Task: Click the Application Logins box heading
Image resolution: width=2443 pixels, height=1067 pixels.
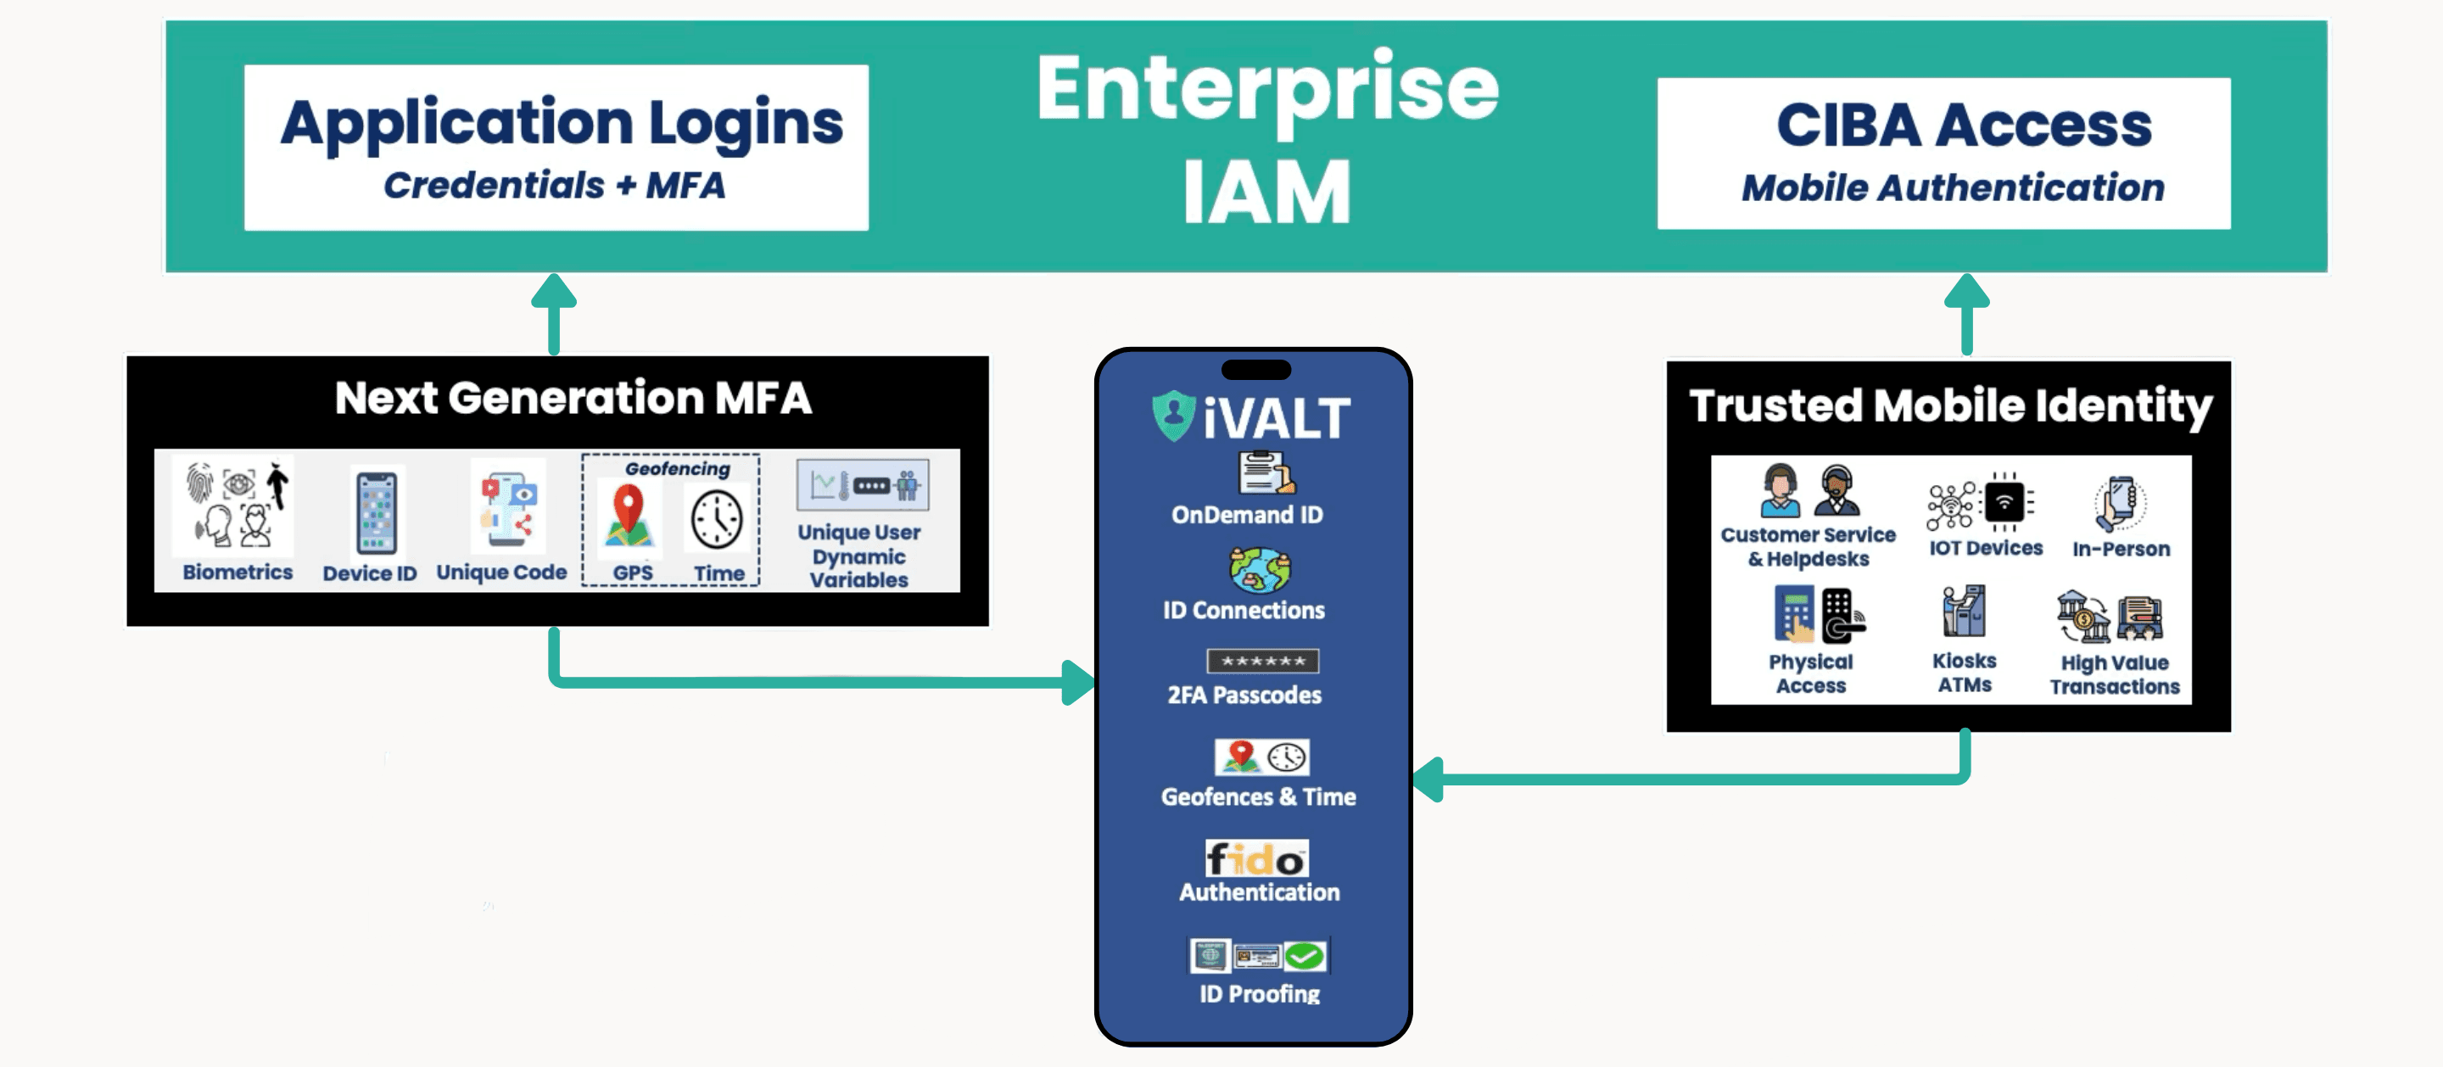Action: pos(562,123)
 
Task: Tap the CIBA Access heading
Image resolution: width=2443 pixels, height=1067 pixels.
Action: pos(1963,126)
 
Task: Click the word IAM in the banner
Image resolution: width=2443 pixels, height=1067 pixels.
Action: pos(1266,193)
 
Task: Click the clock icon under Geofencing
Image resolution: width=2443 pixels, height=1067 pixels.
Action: pos(717,520)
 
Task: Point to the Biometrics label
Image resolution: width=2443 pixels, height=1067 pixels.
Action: pos(238,572)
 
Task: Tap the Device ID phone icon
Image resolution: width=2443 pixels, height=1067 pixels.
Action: pos(377,513)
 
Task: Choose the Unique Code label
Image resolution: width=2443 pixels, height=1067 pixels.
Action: pos(500,572)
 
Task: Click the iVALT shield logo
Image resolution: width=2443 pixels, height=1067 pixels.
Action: pos(1173,416)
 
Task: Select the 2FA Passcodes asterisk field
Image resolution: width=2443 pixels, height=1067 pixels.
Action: pos(1262,661)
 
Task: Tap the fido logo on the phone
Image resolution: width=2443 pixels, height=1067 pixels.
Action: pos(1256,859)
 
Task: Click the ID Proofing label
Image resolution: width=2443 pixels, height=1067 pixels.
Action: pos(1260,993)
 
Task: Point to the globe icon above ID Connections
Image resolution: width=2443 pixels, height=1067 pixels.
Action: pos(1260,569)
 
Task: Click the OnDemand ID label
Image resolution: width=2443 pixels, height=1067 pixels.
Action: pos(1246,515)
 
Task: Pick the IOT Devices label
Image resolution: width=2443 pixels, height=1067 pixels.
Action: pos(1985,548)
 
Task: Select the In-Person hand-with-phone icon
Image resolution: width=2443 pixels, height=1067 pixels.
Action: pos(2121,503)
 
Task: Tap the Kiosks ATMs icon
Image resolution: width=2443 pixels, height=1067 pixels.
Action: pos(1963,612)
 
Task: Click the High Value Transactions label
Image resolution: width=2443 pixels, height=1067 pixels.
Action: pos(2114,674)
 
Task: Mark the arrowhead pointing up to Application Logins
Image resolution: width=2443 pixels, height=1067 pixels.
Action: pos(554,291)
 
